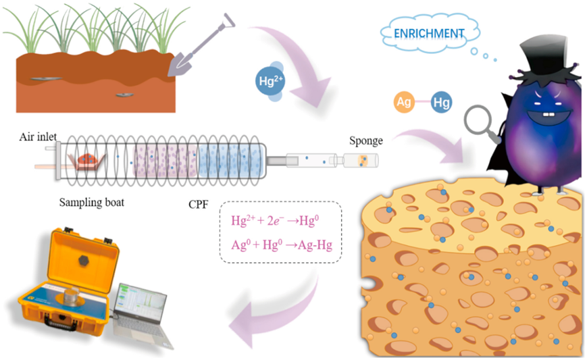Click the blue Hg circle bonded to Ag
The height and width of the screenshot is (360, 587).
[x=442, y=103]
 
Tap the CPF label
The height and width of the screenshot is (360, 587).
[x=197, y=203]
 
